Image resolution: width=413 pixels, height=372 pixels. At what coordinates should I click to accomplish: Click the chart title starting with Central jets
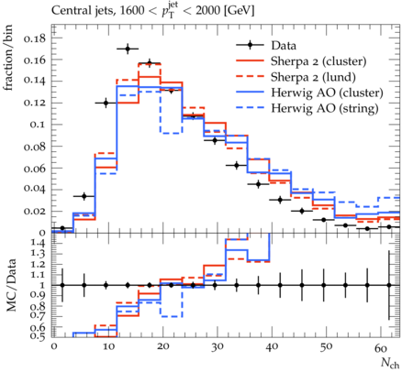click(x=153, y=11)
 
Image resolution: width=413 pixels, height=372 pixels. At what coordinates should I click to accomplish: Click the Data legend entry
click(x=284, y=46)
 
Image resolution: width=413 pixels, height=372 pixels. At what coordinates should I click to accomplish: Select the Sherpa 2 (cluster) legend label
click(x=318, y=61)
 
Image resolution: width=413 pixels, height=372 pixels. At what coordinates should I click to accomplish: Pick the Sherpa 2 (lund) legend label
click(x=313, y=77)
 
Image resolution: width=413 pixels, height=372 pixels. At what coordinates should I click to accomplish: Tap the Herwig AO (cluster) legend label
click(x=327, y=93)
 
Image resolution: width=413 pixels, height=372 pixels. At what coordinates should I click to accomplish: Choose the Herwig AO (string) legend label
click(x=325, y=108)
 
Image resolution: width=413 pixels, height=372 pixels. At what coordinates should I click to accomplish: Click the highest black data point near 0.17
click(x=128, y=49)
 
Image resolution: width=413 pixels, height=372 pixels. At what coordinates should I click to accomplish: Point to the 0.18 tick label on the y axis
click(x=34, y=38)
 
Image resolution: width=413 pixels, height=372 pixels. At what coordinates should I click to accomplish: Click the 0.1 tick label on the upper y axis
click(x=38, y=125)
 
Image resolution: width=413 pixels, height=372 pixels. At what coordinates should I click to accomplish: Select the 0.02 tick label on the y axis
click(x=34, y=211)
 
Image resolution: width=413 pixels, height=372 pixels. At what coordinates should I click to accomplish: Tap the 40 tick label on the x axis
click(x=272, y=347)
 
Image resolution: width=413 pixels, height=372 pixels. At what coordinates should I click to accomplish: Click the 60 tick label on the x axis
click(x=381, y=347)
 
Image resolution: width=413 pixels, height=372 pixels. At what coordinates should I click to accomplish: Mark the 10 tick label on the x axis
click(x=108, y=347)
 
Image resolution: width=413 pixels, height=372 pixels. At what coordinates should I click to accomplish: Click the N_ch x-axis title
click(x=390, y=363)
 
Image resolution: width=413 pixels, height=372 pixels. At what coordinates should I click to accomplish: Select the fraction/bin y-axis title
click(x=8, y=58)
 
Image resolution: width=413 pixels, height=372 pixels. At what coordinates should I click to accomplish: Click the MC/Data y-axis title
click(x=11, y=285)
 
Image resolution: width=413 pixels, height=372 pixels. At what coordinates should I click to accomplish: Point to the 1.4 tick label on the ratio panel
click(x=38, y=244)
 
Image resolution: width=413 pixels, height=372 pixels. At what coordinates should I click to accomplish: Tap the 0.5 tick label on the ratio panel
click(x=38, y=336)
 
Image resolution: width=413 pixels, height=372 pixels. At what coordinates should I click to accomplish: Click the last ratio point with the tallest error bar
click(x=389, y=285)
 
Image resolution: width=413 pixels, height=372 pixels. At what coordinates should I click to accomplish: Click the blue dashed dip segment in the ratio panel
click(x=172, y=317)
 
